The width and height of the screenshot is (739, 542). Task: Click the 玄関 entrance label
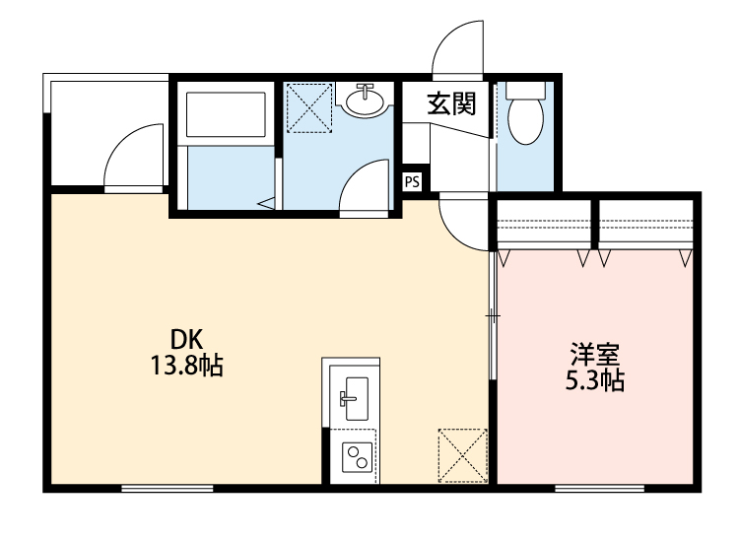451,103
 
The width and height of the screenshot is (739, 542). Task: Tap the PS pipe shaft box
413,181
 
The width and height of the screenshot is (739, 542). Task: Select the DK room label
186,341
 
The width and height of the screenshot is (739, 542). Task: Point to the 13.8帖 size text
186,368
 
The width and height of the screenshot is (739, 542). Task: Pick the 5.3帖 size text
593,381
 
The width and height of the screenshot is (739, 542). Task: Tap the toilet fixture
522,114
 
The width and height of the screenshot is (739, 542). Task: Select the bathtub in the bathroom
226,117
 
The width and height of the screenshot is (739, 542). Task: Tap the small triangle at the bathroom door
267,203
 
